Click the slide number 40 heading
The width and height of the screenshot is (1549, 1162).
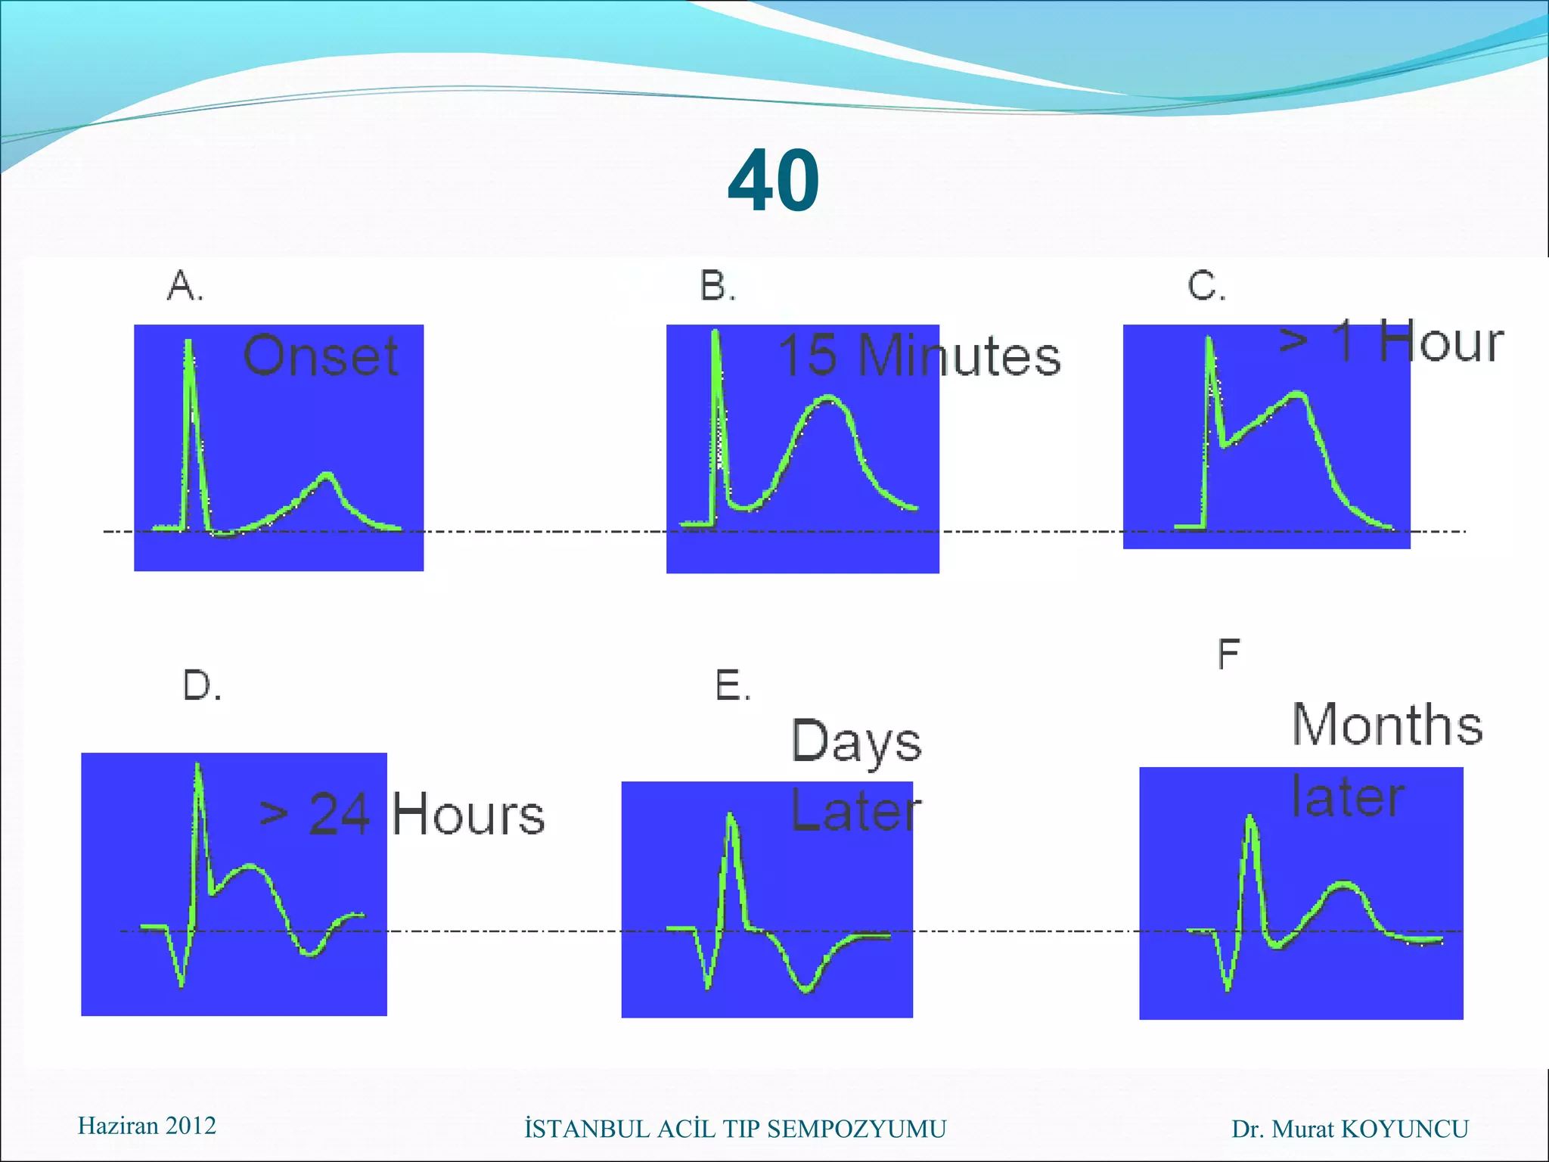773,182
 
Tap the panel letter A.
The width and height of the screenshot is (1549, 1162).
185,286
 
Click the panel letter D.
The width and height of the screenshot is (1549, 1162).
202,685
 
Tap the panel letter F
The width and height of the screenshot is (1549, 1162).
1228,654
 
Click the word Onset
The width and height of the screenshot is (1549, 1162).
321,356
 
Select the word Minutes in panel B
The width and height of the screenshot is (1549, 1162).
961,356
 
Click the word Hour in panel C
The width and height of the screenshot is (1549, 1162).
1441,342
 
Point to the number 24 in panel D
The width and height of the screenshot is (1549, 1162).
340,815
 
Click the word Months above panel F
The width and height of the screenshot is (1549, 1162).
1387,725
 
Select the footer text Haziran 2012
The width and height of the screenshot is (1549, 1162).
147,1126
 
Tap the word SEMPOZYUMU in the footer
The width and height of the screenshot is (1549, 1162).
855,1129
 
